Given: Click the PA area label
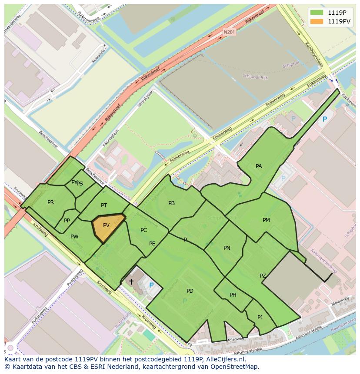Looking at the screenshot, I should click(x=259, y=166).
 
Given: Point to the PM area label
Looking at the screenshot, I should click(x=266, y=220).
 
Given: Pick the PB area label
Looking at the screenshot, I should click(x=171, y=203).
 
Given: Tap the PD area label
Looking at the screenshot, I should click(x=190, y=291).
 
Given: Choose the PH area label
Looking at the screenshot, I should click(x=233, y=295).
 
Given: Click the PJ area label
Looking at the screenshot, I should click(x=260, y=317).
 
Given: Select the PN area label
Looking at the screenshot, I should click(x=227, y=248).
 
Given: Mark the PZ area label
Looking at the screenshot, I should click(x=263, y=276).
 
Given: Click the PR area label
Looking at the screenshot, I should click(x=50, y=202).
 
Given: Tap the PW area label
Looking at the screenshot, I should click(x=74, y=237).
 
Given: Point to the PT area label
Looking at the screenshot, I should click(x=104, y=205).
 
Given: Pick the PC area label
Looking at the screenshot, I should click(x=143, y=230).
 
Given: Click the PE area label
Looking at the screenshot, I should click(x=152, y=244).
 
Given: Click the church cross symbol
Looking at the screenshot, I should click(x=131, y=281).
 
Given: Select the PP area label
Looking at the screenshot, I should click(x=67, y=221).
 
